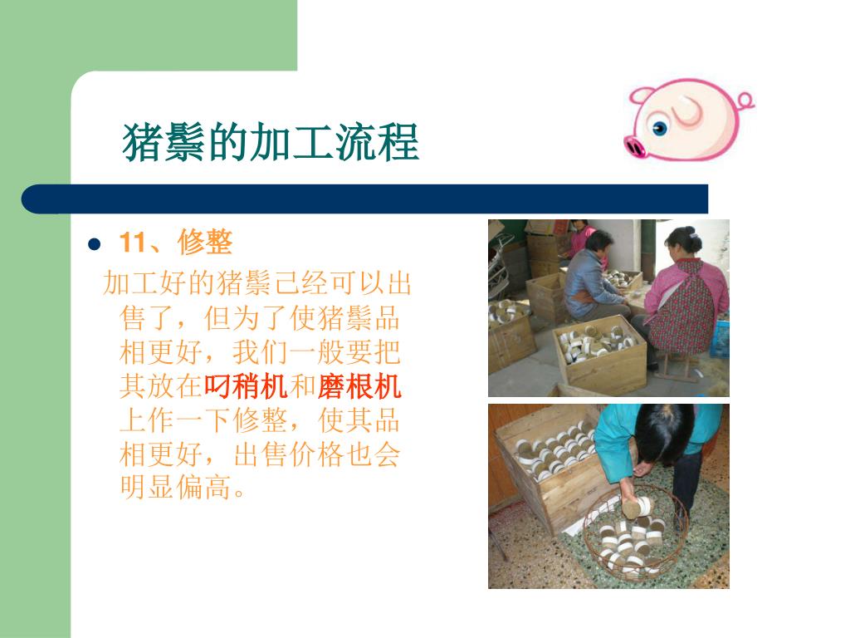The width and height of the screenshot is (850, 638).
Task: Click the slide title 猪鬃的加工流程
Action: [x=271, y=142]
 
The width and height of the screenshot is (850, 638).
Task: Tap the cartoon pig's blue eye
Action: [x=660, y=128]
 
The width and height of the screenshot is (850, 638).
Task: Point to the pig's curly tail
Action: [x=746, y=101]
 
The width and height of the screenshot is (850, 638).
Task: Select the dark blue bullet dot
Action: [x=95, y=244]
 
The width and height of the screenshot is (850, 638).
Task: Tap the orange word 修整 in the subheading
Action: [x=205, y=243]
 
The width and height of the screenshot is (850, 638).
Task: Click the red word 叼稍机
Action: [x=246, y=386]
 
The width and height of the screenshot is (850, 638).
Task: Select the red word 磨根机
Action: [x=359, y=386]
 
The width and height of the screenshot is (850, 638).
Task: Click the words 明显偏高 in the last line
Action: [x=175, y=487]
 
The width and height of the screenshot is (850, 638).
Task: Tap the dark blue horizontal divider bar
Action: [x=364, y=199]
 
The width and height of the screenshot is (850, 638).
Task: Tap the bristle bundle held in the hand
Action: [x=638, y=508]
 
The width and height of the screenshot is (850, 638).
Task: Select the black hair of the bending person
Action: [x=663, y=434]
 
